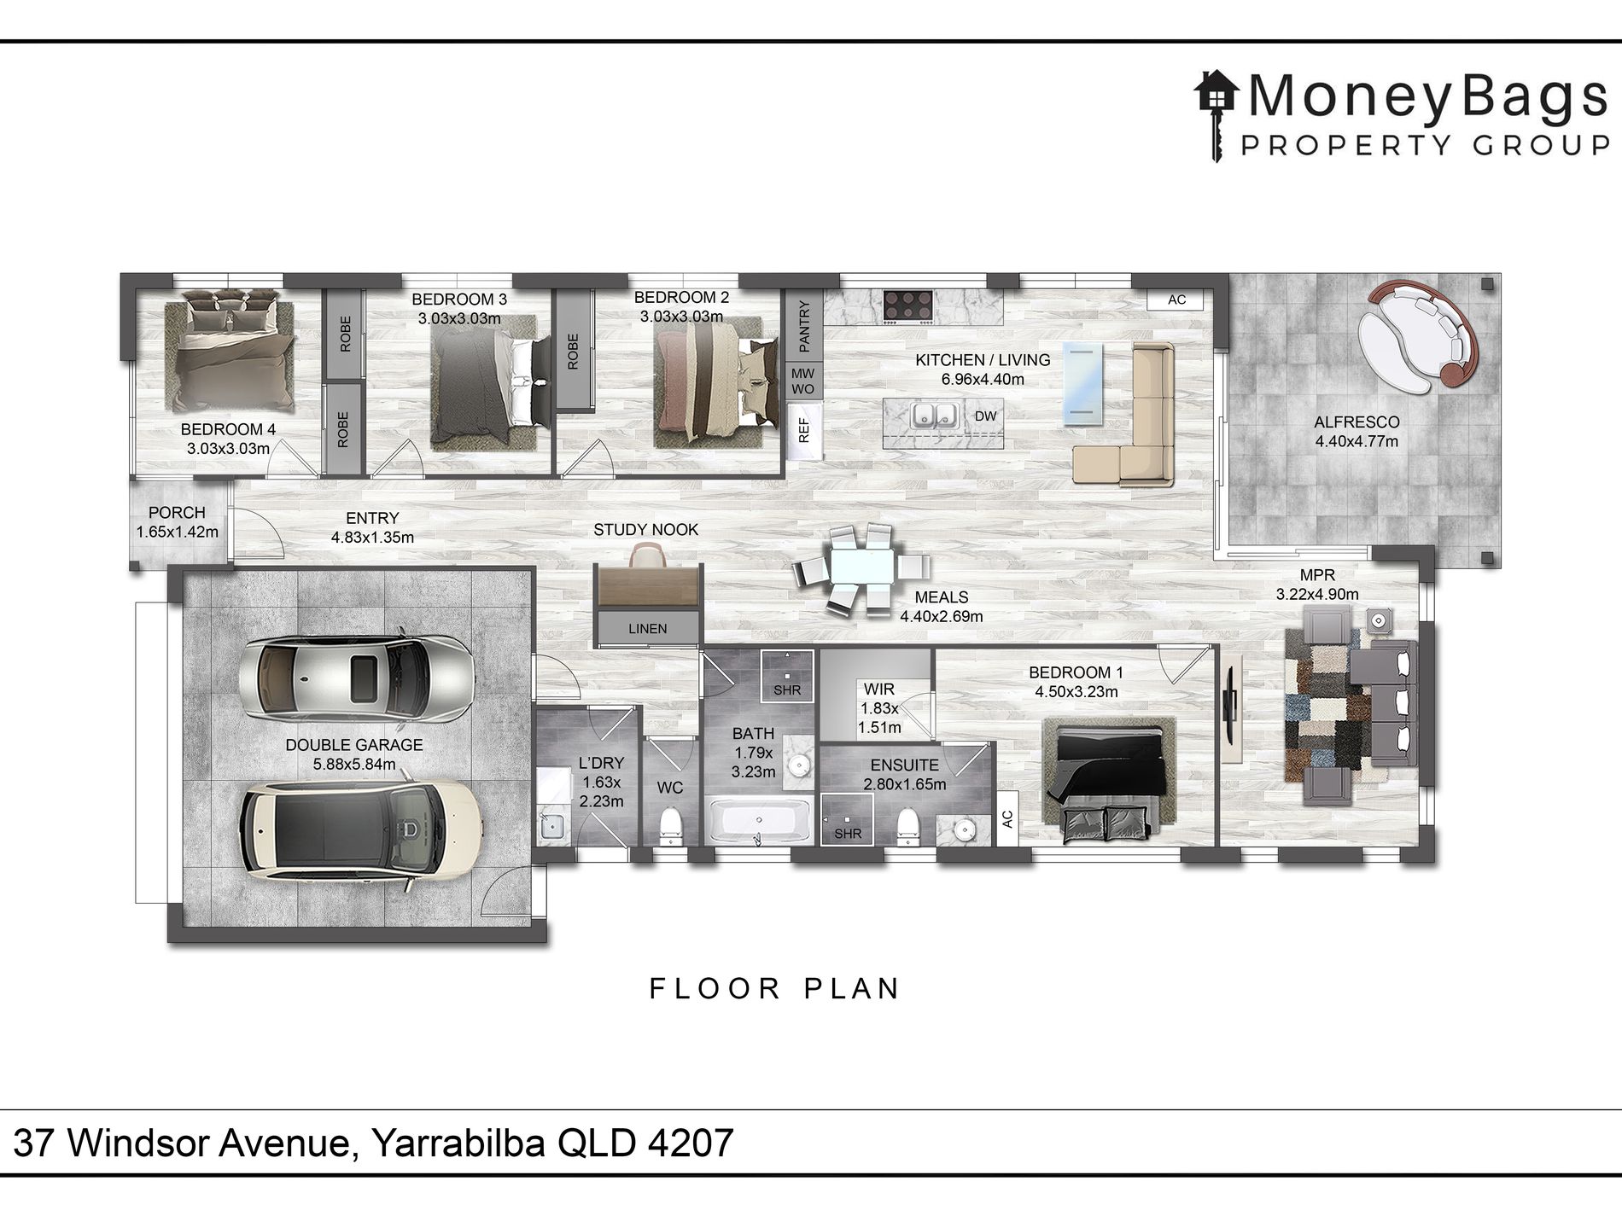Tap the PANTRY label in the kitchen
[803, 325]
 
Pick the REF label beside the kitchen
[803, 429]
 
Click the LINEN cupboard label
[648, 629]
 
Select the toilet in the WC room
[672, 827]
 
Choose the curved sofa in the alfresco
[1417, 338]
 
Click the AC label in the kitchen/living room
[1177, 300]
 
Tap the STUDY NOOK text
[646, 530]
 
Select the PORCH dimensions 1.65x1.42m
[178, 532]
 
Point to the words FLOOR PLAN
[774, 989]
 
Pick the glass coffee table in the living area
[1082, 383]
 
